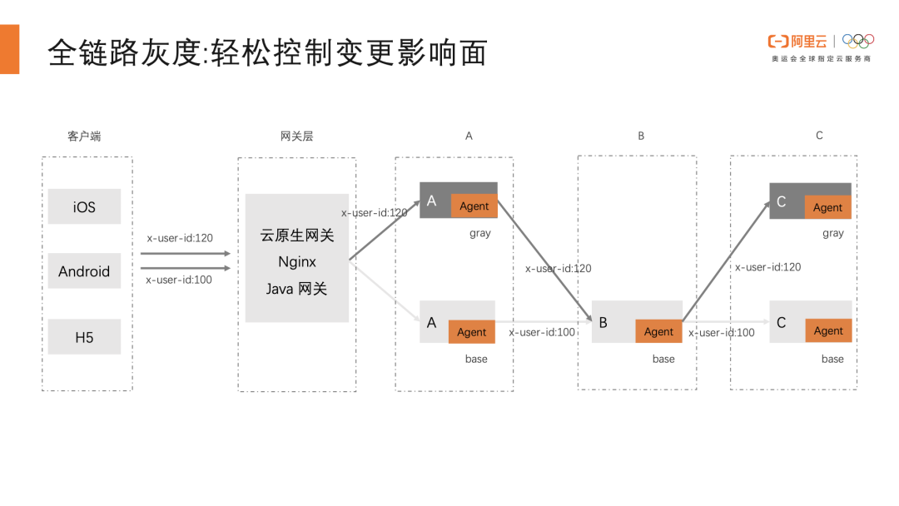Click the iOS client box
tap(84, 206)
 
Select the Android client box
tap(84, 270)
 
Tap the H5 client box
tap(84, 336)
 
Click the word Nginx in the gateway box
tap(297, 262)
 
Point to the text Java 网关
tap(296, 289)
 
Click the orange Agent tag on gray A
tap(474, 206)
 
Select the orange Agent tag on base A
tap(471, 332)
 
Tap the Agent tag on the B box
tap(658, 331)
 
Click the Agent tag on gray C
tap(828, 207)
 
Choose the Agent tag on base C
tap(828, 330)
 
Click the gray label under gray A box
tap(480, 233)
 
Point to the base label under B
tap(663, 359)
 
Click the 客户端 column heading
tap(84, 136)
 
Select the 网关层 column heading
tap(296, 136)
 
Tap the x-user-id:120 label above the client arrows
tap(180, 238)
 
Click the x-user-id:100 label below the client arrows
tap(179, 280)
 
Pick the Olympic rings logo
tap(858, 41)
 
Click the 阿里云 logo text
tap(809, 42)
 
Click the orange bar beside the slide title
tap(10, 49)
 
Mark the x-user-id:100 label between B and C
tap(721, 332)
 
